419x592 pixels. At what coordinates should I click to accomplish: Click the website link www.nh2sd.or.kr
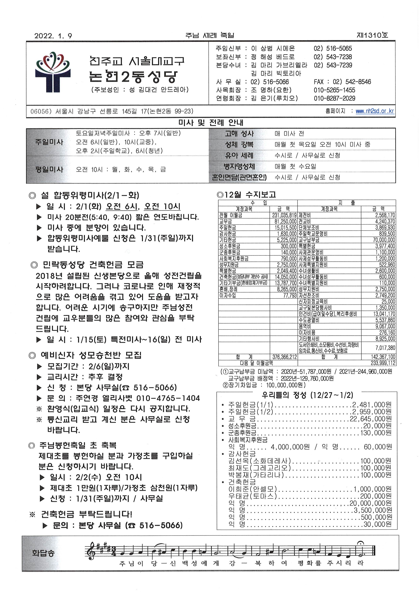tap(375, 111)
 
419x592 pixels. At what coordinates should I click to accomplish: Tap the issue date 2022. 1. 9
tap(53, 36)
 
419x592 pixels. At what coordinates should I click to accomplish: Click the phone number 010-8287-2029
tap(334, 98)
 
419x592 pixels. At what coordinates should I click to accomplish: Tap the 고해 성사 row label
tap(239, 134)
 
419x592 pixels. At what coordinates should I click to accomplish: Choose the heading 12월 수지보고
tap(246, 194)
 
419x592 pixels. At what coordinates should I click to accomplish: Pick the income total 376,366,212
tap(285, 357)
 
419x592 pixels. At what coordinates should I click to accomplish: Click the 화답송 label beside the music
tap(43, 553)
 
